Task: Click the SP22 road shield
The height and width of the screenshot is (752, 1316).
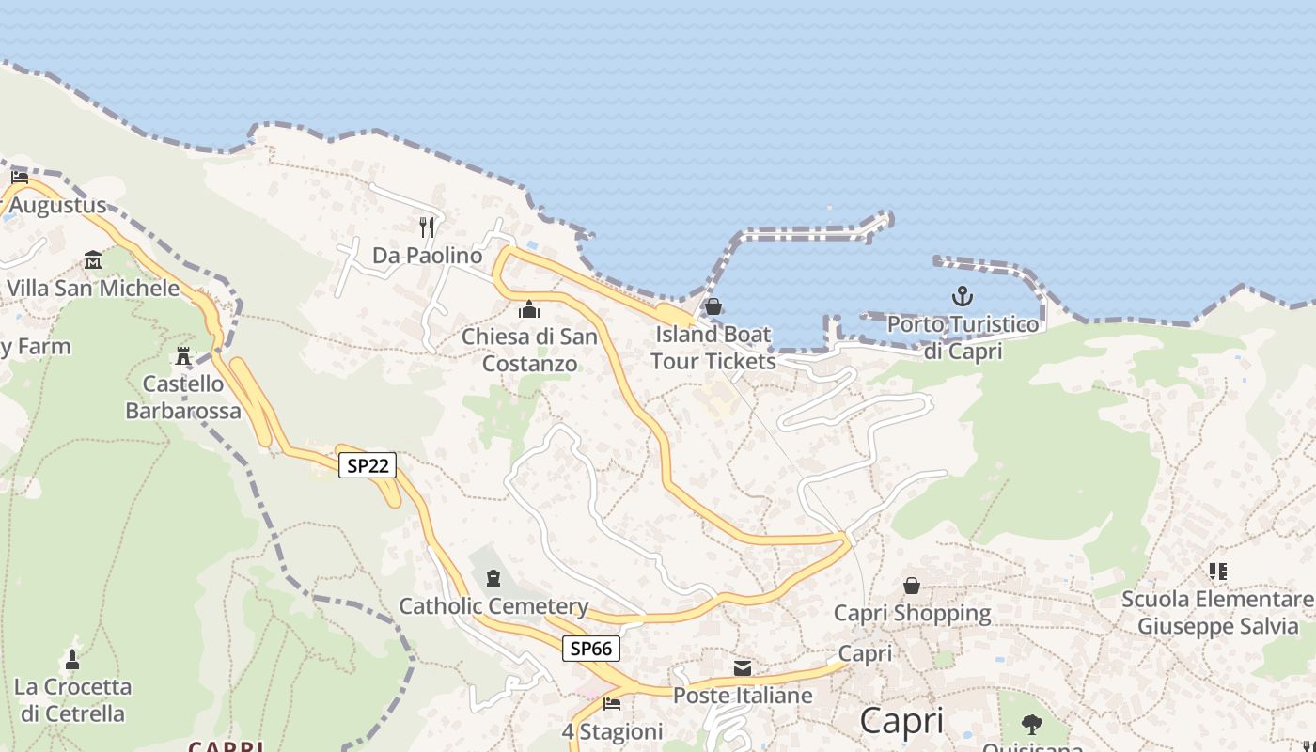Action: click(368, 464)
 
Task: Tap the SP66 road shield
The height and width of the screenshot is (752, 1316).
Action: click(591, 648)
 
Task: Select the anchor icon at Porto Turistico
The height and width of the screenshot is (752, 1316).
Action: click(962, 297)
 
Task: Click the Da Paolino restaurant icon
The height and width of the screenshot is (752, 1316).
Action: click(427, 226)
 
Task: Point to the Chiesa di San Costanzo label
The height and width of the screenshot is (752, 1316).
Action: click(529, 350)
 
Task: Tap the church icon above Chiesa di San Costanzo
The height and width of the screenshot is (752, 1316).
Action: click(529, 309)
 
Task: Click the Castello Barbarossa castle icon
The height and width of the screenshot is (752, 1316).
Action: click(183, 356)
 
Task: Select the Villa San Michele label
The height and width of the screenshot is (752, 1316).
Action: click(93, 288)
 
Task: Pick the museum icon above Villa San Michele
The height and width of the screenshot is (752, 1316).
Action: click(93, 259)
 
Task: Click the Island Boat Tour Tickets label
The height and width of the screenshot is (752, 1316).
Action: click(713, 348)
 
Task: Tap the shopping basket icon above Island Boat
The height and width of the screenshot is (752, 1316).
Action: click(713, 306)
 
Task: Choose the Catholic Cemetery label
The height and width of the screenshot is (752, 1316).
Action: click(493, 606)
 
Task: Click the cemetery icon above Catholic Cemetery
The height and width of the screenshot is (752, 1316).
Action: click(493, 578)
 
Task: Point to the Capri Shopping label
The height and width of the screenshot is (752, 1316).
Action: click(912, 614)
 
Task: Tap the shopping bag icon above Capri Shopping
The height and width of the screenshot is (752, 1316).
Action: click(912, 586)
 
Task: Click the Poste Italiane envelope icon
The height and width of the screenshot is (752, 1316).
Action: click(743, 668)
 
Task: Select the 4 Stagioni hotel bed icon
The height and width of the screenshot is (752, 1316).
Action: click(612, 703)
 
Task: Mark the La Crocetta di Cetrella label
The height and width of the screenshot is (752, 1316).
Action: click(72, 700)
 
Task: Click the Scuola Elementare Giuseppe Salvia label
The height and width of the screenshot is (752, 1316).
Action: click(1217, 613)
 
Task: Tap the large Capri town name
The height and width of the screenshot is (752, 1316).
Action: click(901, 721)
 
